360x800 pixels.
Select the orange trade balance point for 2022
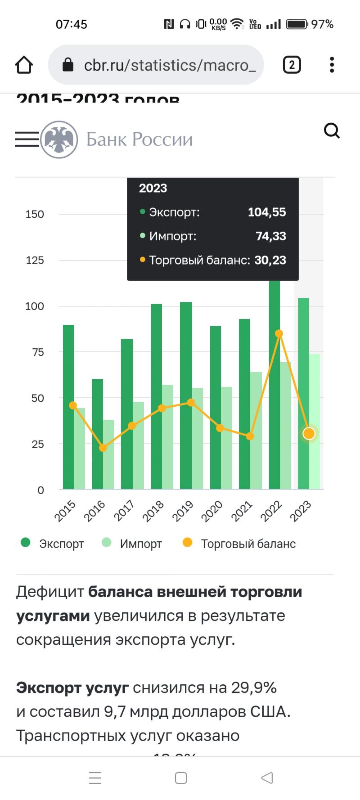(279, 334)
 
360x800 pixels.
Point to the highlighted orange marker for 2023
(309, 434)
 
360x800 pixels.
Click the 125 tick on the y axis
(35, 261)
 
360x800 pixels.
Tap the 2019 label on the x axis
(183, 511)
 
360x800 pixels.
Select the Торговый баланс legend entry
(239, 544)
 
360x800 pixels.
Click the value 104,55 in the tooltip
(267, 212)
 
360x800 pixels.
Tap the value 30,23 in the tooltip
(270, 260)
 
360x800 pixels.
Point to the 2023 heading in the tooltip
(153, 188)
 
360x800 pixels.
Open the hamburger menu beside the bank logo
(27, 139)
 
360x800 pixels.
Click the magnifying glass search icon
(332, 131)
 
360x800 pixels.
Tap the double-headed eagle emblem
(59, 139)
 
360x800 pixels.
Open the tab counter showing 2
(292, 65)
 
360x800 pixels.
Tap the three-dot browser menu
(332, 65)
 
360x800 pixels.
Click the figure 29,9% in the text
(254, 688)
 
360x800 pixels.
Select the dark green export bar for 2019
(186, 396)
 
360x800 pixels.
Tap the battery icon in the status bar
(297, 24)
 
